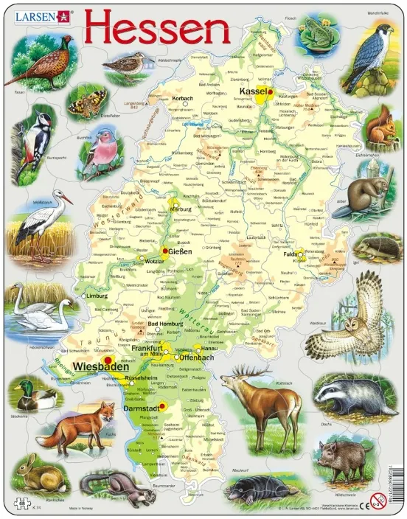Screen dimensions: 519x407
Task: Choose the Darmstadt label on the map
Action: pyautogui.click(x=136, y=405)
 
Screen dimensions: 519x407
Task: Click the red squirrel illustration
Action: pyautogui.click(x=380, y=127)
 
